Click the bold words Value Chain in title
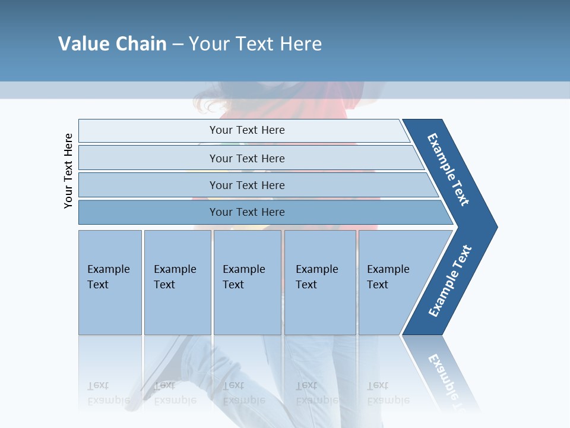pyautogui.click(x=112, y=43)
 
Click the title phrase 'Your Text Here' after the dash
pyautogui.click(x=255, y=43)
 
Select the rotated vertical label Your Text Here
pyautogui.click(x=68, y=171)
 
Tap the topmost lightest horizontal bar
pyautogui.click(x=247, y=130)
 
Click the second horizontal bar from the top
pyautogui.click(x=247, y=158)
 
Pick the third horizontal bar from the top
pyautogui.click(x=247, y=185)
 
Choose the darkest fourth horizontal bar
pyautogui.click(x=247, y=212)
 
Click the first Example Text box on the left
pyautogui.click(x=110, y=282)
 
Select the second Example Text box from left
pyautogui.click(x=178, y=282)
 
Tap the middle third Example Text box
pyautogui.click(x=247, y=282)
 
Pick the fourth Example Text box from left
pyautogui.click(x=320, y=282)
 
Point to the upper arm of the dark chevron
pyautogui.click(x=449, y=169)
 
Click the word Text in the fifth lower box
pyautogui.click(x=378, y=285)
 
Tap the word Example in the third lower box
pyautogui.click(x=243, y=269)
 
